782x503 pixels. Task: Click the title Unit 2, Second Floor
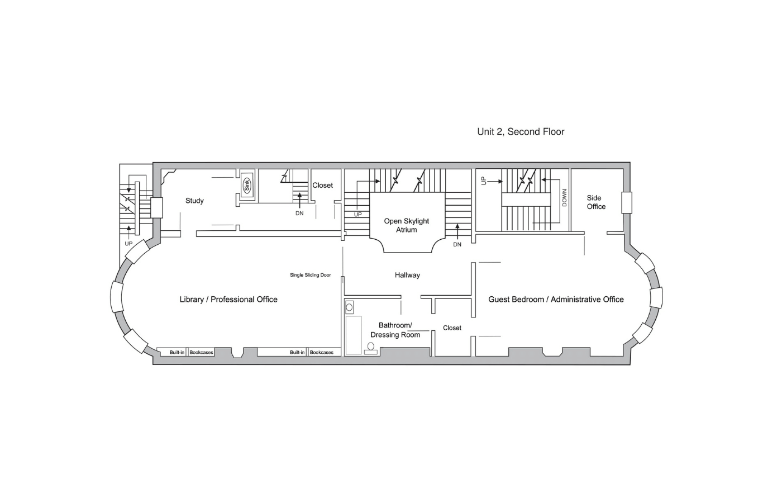pyautogui.click(x=521, y=132)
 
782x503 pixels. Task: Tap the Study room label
pyautogui.click(x=194, y=201)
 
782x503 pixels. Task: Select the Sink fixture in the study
pyautogui.click(x=247, y=186)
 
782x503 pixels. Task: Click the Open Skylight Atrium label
pyautogui.click(x=407, y=225)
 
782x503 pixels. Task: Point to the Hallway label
pyautogui.click(x=407, y=275)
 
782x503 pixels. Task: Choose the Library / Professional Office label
pyautogui.click(x=228, y=300)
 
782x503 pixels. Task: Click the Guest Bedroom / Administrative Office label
pyautogui.click(x=556, y=300)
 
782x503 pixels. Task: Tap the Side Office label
pyautogui.click(x=596, y=202)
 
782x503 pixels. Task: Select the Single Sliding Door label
pyautogui.click(x=311, y=275)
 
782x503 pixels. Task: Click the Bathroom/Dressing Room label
pyautogui.click(x=395, y=330)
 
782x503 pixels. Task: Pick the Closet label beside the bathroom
pyautogui.click(x=452, y=328)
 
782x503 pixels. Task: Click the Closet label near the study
pyautogui.click(x=323, y=185)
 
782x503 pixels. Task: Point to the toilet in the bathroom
pyautogui.click(x=371, y=349)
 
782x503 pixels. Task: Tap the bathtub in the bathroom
pyautogui.click(x=353, y=335)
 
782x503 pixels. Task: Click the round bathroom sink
pyautogui.click(x=349, y=307)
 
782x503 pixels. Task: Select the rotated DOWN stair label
pyautogui.click(x=565, y=198)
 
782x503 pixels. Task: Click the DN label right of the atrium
pyautogui.click(x=457, y=245)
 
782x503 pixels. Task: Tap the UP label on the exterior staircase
pyautogui.click(x=128, y=244)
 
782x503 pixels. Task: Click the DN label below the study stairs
pyautogui.click(x=299, y=213)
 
